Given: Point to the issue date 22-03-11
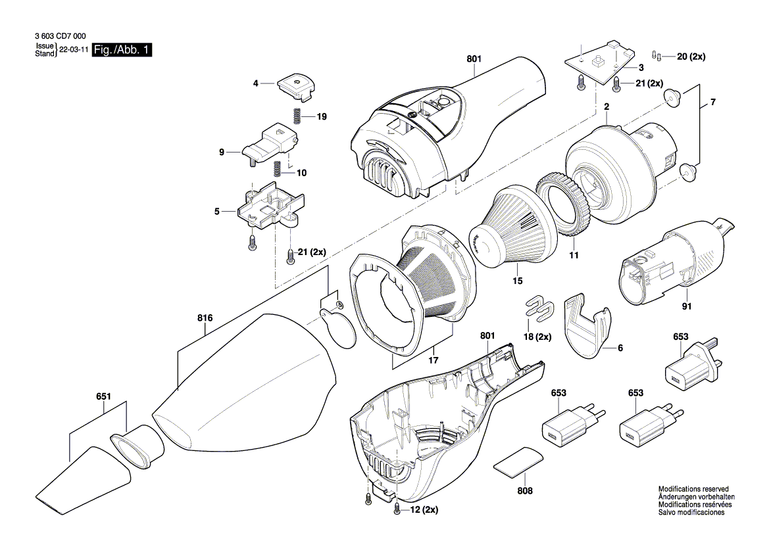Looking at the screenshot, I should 74,50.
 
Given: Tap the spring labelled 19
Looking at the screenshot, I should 297,115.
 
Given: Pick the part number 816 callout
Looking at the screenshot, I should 205,318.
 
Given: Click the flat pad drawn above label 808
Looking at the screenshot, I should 519,461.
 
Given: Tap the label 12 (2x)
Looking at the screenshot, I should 424,509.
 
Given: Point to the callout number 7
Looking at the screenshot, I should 711,103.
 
